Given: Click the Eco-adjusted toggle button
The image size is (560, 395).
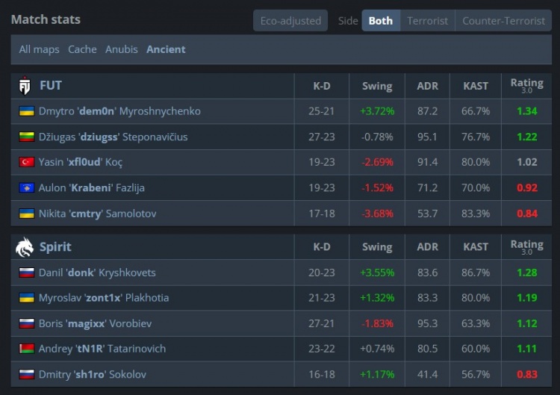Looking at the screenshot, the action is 290,21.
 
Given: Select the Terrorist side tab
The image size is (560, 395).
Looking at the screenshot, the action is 428,21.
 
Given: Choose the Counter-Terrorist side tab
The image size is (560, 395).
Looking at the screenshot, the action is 503,21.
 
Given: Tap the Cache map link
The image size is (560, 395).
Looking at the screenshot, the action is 82,49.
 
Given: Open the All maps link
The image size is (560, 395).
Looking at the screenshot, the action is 40,49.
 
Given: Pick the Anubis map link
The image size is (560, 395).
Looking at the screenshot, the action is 122,49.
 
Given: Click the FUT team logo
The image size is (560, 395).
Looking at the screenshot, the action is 25,86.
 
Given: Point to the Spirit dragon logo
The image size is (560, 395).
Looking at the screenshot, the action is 25,247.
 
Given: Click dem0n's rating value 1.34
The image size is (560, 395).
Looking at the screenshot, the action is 527,111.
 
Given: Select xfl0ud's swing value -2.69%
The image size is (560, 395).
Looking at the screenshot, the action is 377,162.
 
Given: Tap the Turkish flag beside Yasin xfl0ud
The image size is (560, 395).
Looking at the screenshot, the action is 26,162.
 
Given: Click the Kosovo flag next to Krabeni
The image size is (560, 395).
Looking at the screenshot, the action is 26,188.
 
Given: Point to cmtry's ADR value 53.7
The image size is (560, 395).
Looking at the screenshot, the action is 428,214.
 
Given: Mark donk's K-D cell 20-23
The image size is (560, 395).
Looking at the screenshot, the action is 322,273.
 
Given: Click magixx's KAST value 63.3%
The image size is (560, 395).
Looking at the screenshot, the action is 476,323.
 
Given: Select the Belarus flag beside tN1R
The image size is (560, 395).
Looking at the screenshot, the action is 26,349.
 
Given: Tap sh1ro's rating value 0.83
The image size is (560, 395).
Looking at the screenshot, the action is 527,374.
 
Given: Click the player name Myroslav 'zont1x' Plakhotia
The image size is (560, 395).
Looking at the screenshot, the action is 104,298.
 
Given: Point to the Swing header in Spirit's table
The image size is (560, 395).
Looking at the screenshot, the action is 377,247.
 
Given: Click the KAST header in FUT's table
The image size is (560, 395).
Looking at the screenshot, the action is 476,86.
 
